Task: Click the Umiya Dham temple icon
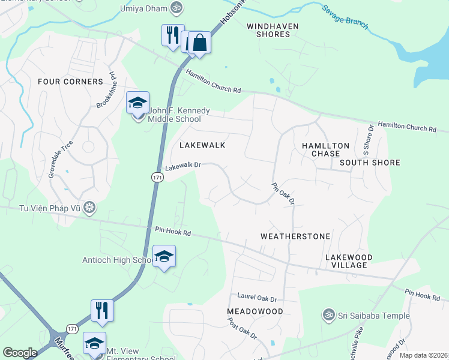coord(176,8)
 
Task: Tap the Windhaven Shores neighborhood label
coord(268,30)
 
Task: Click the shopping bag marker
coord(200,43)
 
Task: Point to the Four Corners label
coord(70,82)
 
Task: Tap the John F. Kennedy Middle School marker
coord(137,103)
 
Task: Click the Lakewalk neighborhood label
coord(202,145)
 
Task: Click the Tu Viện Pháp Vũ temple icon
coord(89,208)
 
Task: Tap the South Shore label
coord(370,163)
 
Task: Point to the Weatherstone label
coord(295,236)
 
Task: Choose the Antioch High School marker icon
coord(164,256)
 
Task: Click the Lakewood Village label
coord(349,261)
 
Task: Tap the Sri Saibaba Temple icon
coord(328,314)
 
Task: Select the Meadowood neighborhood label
coord(255,311)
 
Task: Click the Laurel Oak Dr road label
coord(257,298)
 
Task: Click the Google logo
coord(20,353)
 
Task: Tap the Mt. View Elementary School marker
coord(94,343)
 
